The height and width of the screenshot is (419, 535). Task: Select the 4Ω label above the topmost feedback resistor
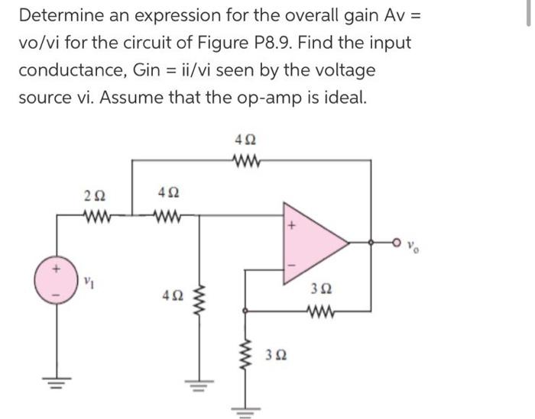[246, 141]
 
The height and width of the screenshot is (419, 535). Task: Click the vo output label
[413, 247]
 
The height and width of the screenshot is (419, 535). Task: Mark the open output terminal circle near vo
[396, 243]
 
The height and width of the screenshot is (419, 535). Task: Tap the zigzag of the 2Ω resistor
[97, 215]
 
